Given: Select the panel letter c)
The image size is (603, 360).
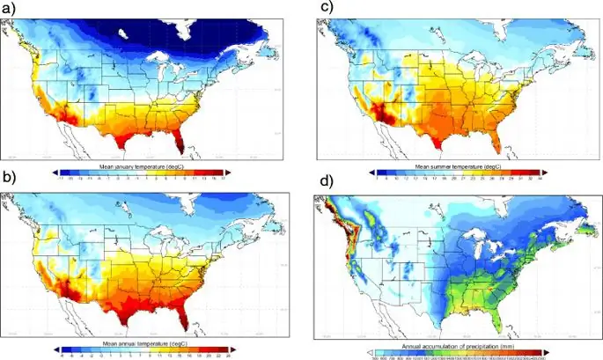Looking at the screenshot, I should (326, 8).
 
